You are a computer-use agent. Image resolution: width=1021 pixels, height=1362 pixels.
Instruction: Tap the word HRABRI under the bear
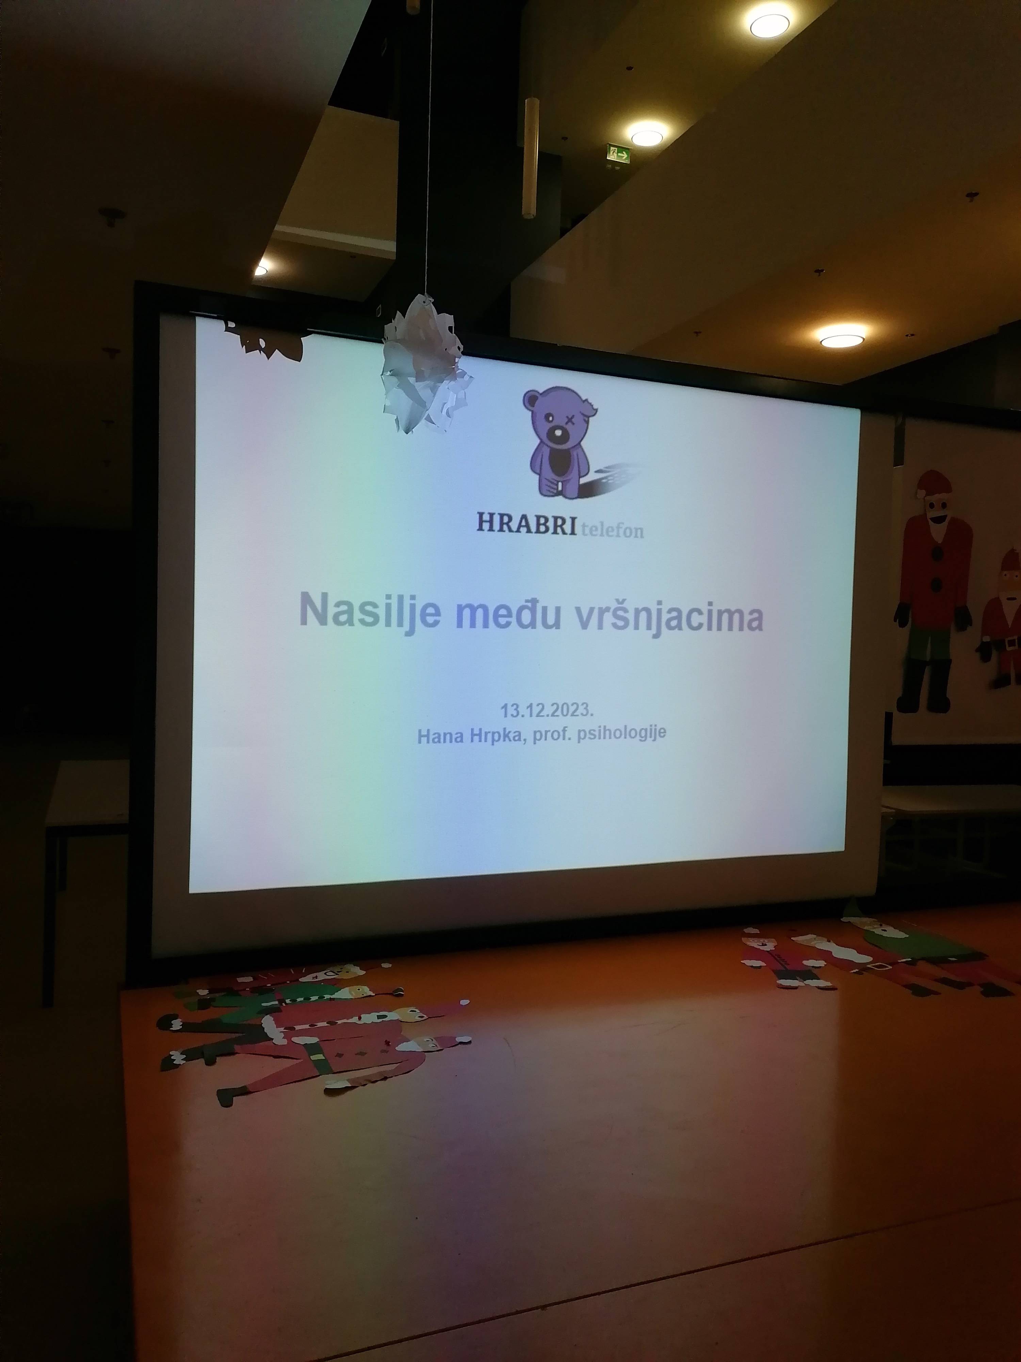coord(526,523)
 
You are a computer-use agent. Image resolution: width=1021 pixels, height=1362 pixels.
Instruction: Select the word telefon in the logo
coord(612,530)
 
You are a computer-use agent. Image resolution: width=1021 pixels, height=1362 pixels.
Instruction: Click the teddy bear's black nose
coord(557,435)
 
